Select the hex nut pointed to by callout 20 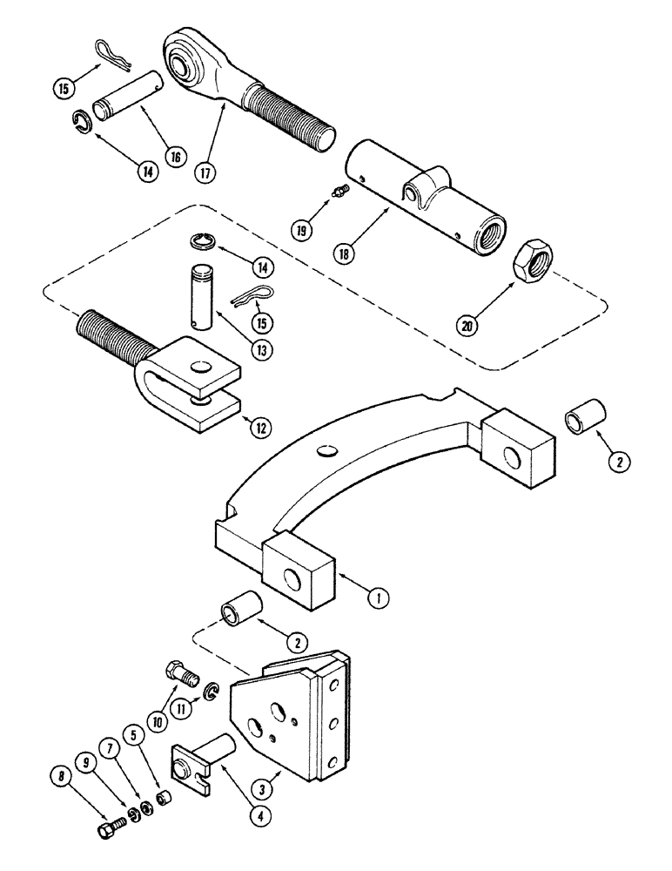[531, 260]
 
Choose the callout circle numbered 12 [259, 426]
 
